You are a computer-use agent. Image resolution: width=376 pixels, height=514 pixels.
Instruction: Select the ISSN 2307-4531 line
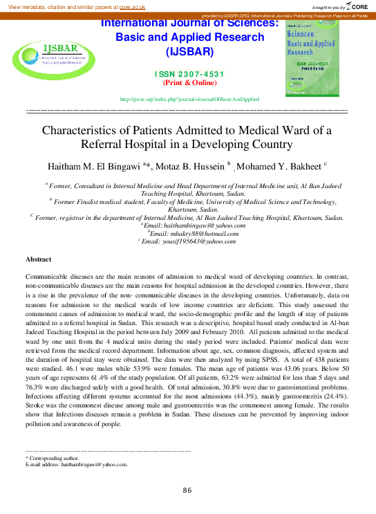189,74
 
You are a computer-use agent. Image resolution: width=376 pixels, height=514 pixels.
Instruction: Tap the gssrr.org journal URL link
189,99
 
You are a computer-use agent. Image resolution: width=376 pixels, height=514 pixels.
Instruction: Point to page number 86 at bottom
187,490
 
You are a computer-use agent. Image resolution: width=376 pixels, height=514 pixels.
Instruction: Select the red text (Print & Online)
189,82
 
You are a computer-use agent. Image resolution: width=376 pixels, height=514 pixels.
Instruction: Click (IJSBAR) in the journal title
189,52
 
